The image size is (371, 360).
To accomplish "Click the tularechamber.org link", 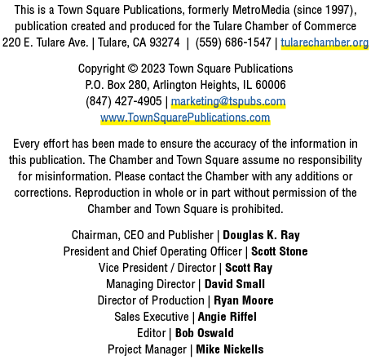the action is [325, 42].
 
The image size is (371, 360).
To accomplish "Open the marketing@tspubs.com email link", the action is [228, 101].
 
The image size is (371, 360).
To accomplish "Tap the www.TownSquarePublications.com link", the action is [185, 118].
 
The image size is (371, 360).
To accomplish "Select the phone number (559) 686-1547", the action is [233, 42].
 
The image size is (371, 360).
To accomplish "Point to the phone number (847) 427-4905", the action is [124, 101].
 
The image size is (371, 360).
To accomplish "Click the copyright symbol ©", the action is [133, 69].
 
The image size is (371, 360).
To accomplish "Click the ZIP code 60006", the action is [271, 85].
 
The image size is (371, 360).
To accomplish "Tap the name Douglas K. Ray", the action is [261, 235].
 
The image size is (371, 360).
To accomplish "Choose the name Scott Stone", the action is [280, 251].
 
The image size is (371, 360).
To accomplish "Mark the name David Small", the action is [235, 284].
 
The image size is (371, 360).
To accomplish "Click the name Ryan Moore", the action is [244, 300].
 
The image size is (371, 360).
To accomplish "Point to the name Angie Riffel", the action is [227, 317].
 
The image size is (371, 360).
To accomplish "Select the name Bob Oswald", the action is [205, 333].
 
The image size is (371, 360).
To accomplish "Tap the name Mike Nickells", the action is [230, 349].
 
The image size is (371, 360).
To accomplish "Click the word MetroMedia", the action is [261, 10].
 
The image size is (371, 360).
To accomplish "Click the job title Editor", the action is [152, 333].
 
